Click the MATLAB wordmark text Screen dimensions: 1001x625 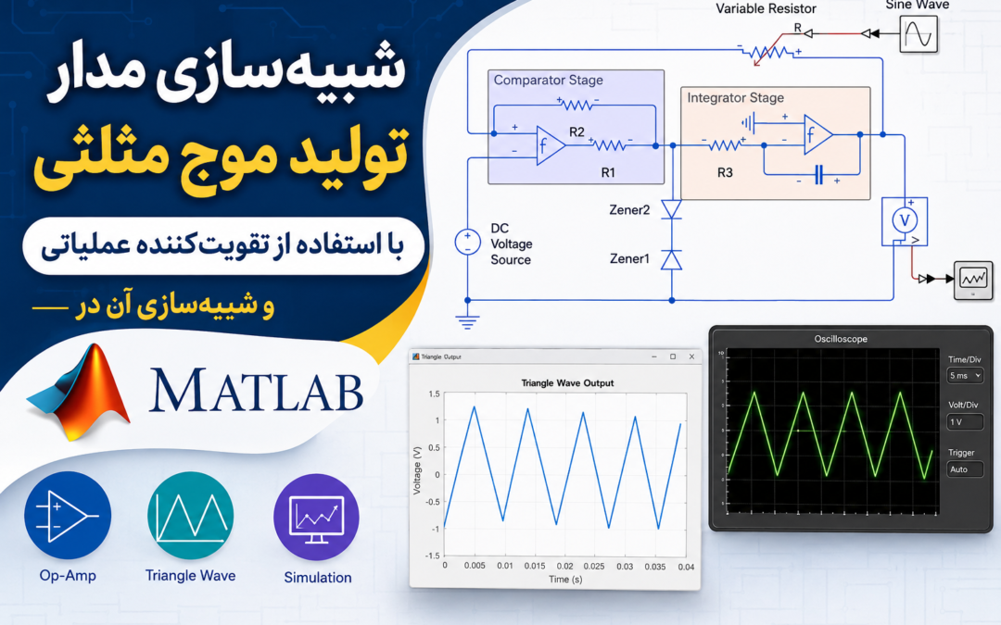(x=256, y=390)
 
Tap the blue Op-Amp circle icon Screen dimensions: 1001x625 (x=68, y=516)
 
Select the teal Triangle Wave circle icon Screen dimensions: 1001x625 (x=190, y=516)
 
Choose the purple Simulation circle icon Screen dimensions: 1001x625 (x=317, y=518)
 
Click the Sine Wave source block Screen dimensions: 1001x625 (x=919, y=34)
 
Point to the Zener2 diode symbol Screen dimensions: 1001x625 (x=672, y=209)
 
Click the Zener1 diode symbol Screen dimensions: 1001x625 (x=672, y=259)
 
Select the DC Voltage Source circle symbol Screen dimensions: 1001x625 (x=467, y=243)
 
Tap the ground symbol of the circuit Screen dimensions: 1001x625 (x=467, y=322)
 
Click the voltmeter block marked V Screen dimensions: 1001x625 (x=905, y=221)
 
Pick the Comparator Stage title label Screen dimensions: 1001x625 (x=549, y=81)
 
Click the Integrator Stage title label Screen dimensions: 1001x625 (x=735, y=97)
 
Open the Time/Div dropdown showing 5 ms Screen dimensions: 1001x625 (x=965, y=376)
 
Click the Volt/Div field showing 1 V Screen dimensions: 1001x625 (x=965, y=421)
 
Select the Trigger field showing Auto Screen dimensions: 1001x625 (x=965, y=469)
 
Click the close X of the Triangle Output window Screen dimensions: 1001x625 (x=691, y=357)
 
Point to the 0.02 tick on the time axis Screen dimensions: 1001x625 (x=564, y=567)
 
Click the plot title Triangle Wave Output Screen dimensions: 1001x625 (x=567, y=383)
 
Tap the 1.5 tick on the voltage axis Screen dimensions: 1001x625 (x=434, y=394)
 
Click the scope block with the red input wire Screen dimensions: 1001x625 (x=973, y=280)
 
